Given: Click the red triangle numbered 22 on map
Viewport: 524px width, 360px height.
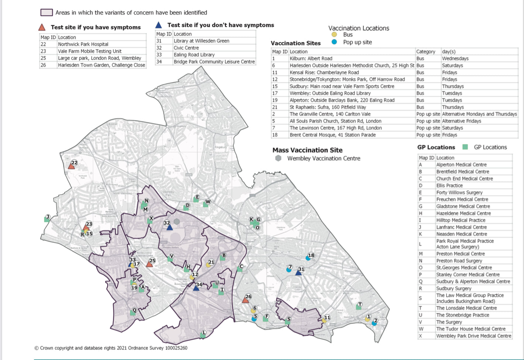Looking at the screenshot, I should tap(72, 166).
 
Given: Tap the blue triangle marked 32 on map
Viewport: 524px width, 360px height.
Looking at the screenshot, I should tap(169, 227).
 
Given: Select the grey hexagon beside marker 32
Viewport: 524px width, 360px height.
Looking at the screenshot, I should tap(177, 222).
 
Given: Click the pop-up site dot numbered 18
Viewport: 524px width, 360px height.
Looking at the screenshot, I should tap(308, 258).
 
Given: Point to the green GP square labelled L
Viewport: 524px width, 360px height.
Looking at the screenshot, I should tap(203, 333).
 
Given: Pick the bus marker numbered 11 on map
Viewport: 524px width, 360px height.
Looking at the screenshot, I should tap(324, 320).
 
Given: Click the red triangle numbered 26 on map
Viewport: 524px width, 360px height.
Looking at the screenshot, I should tap(245, 300).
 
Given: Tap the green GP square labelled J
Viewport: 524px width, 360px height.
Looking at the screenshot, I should tap(47, 219).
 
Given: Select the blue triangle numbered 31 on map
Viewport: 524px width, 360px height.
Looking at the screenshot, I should tap(298, 272).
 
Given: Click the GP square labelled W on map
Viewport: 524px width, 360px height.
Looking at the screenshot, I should tap(206, 204).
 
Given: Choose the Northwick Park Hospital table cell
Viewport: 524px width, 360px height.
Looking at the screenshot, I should tap(83, 44).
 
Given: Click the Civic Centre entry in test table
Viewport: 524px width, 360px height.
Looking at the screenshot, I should tap(186, 48).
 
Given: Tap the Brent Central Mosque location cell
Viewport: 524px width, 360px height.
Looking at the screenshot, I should tap(332, 135).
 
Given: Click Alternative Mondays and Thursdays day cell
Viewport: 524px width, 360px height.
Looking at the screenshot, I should tap(479, 114).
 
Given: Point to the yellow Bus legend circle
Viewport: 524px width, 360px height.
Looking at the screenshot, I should tap(335, 35).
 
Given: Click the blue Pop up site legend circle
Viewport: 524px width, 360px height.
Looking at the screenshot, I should tap(335, 42).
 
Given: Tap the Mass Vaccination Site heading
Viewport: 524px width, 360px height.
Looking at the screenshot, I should tap(307, 150).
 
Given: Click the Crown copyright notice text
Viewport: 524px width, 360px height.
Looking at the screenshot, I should tap(111, 348).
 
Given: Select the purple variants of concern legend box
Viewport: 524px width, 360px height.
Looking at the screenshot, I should tap(47, 13).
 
